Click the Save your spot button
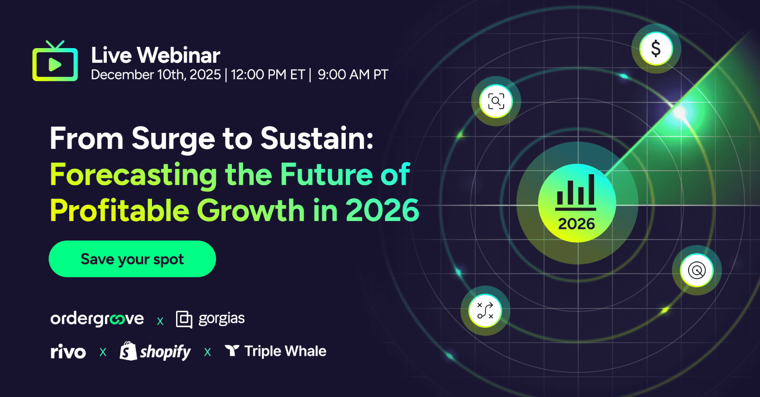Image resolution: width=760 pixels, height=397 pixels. coord(132,259)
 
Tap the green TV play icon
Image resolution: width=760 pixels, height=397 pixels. coord(55,63)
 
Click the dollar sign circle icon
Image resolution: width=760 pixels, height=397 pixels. coord(656,49)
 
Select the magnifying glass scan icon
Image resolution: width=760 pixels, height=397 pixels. coord(496,101)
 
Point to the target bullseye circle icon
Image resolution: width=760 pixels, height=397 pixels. coord(697,270)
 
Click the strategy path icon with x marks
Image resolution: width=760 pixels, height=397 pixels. coord(485,311)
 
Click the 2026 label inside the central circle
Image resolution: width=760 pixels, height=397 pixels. coord(576,224)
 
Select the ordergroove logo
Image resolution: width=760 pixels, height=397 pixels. coord(97,319)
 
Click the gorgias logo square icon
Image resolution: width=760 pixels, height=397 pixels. coord(184,319)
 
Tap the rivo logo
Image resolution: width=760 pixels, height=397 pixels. coord(68,351)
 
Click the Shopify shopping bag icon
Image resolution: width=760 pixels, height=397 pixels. coord(128,351)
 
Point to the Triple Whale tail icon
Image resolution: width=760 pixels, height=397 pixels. coord(232,350)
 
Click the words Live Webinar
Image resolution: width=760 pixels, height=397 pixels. coord(156,55)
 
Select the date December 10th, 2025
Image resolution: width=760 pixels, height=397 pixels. coord(156,75)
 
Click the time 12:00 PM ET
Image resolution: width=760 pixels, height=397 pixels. coord(268,75)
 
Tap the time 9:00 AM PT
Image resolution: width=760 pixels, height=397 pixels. coord(353,75)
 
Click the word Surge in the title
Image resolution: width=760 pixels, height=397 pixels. coord(174,139)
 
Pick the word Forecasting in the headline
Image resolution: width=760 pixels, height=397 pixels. coord(133,175)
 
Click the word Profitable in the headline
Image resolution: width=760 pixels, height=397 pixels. coord(119,211)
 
